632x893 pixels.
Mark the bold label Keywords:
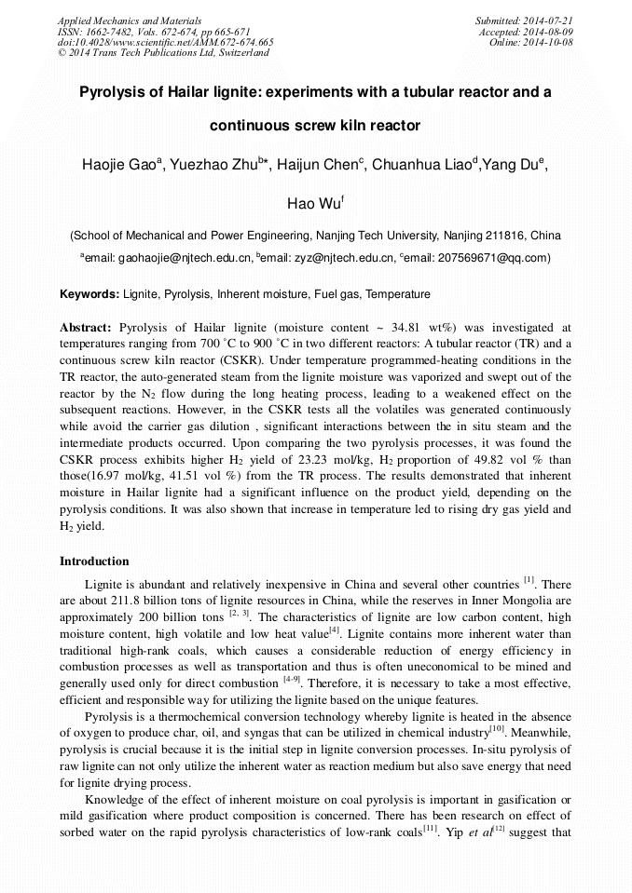pos(89,294)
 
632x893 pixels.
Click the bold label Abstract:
pos(86,328)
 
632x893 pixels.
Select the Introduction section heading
pos(94,562)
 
